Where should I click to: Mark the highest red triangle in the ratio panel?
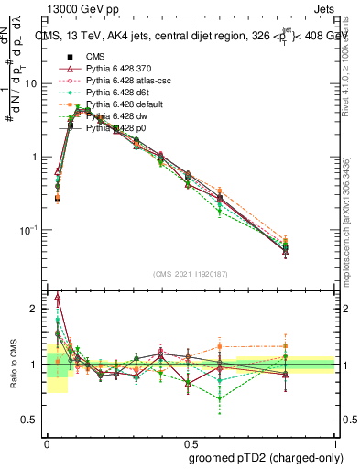[58, 297]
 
